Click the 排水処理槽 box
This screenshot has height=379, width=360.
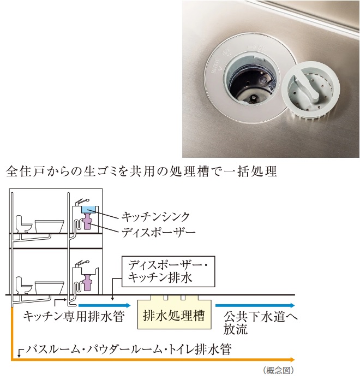pos(174,314)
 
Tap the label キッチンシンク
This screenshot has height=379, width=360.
pos(156,217)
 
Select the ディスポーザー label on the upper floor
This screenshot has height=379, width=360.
pos(158,233)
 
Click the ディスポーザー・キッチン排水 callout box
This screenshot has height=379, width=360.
pos(169,271)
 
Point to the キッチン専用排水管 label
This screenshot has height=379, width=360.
pos(74,316)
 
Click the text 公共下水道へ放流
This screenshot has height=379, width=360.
pos(260,323)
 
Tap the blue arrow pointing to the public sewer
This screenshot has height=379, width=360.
pos(255,305)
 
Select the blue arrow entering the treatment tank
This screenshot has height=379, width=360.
pos(104,305)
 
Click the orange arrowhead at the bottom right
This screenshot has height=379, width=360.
pos(292,359)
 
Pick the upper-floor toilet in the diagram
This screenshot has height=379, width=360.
pos(23,224)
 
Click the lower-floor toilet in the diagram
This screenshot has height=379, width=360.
pos(23,286)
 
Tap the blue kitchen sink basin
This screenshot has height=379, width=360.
pos(88,209)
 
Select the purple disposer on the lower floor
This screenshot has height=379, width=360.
pos(87,281)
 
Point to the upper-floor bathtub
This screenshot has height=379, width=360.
pos(50,227)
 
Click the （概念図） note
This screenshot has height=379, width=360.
pos(278,370)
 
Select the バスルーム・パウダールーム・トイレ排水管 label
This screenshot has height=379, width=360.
pos(129,349)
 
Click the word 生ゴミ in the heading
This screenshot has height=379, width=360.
pos(98,171)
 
